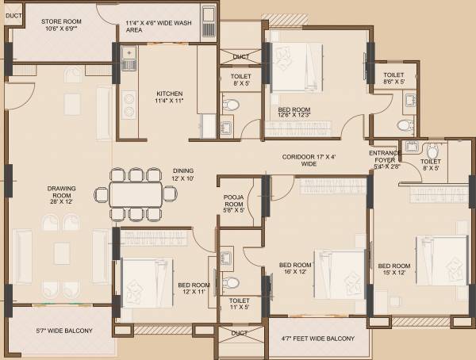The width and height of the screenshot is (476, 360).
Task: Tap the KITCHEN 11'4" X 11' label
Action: (x=170, y=97)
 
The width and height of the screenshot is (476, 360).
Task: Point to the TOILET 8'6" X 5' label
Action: (x=393, y=78)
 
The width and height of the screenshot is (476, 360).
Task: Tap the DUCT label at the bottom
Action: (x=239, y=334)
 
